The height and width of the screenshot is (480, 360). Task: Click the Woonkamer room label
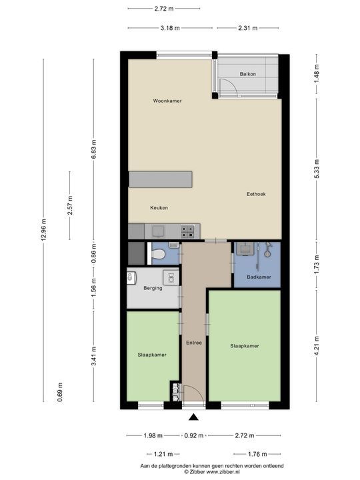click(167, 101)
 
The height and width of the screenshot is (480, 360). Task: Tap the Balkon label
click(247, 74)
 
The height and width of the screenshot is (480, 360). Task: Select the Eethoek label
click(256, 194)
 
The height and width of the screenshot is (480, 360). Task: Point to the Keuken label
click(159, 207)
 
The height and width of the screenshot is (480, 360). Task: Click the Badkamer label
click(259, 277)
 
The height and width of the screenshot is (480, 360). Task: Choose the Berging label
click(153, 288)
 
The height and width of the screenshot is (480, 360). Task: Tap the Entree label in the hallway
click(194, 343)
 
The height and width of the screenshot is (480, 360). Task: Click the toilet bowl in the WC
click(159, 254)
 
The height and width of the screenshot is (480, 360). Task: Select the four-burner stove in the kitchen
click(187, 231)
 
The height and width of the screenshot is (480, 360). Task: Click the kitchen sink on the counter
click(158, 231)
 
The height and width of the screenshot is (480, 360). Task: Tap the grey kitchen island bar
click(161, 179)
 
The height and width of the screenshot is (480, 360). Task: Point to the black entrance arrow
click(193, 417)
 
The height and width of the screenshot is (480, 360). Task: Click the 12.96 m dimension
click(44, 229)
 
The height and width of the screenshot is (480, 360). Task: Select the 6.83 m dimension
click(94, 149)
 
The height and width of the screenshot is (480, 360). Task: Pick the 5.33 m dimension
click(317, 169)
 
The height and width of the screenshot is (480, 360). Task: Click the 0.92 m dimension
click(194, 435)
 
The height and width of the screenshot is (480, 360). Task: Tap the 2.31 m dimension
click(247, 28)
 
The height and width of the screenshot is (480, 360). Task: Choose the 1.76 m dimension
click(257, 454)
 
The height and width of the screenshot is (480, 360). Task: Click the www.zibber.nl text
click(223, 472)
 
